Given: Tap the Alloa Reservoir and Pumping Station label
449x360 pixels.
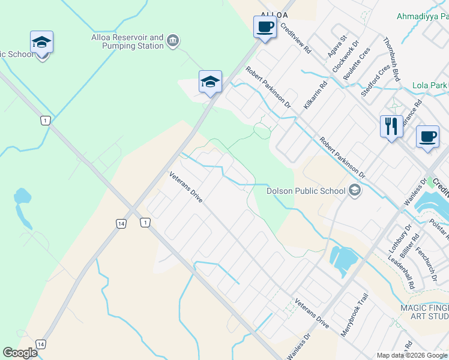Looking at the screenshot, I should pos(127,41).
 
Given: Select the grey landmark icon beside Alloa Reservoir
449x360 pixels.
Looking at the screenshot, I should pos(173,41).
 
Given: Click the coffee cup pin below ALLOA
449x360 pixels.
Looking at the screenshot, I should pos(265,27).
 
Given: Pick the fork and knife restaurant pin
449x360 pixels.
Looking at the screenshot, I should pos(391,127).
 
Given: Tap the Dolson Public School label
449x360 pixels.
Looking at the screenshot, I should pos(306,191).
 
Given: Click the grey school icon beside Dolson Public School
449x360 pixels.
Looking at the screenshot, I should pos(355,191).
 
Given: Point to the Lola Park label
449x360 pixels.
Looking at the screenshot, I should pos(430,85).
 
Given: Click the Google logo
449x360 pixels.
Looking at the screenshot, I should pos(20,353).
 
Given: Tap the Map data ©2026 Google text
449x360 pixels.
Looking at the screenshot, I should pos(412,355).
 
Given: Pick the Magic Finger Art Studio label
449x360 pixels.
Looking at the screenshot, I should pos(424,312).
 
